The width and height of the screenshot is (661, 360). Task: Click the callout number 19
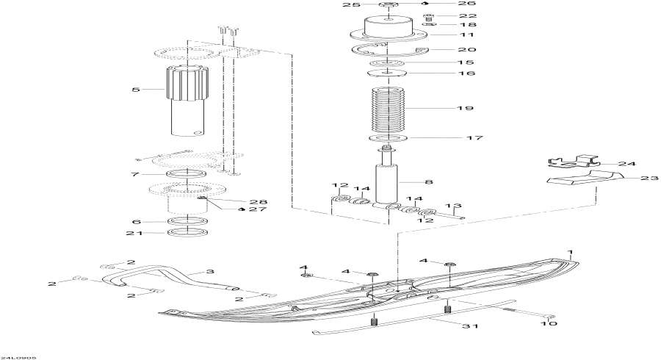tap(464, 109)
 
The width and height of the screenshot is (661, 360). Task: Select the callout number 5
tap(135, 90)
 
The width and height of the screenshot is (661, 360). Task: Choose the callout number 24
tap(627, 164)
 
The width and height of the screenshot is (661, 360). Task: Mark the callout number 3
tap(210, 272)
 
